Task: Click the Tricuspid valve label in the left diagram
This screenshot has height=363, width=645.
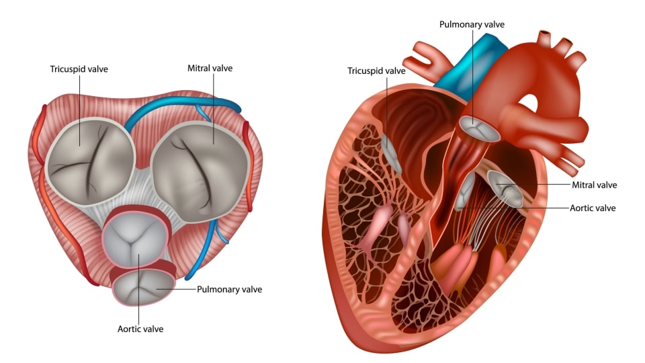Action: tap(79, 69)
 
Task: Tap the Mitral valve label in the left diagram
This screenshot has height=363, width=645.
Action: tap(210, 68)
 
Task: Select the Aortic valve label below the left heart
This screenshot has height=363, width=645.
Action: tap(140, 329)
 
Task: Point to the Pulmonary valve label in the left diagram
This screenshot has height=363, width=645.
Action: tap(229, 289)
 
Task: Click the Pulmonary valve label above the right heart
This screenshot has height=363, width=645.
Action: tap(472, 24)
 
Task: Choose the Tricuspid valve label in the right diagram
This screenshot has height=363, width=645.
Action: tap(376, 71)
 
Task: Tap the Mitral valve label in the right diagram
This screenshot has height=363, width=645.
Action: tap(595, 185)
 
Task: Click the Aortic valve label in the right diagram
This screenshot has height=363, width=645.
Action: tap(593, 208)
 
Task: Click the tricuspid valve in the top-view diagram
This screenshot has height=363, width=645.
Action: tap(90, 161)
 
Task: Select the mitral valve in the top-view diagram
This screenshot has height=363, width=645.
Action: tap(200, 171)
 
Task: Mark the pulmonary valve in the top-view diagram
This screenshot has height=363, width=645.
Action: tap(144, 287)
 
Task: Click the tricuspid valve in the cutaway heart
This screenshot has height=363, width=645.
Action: tap(391, 153)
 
